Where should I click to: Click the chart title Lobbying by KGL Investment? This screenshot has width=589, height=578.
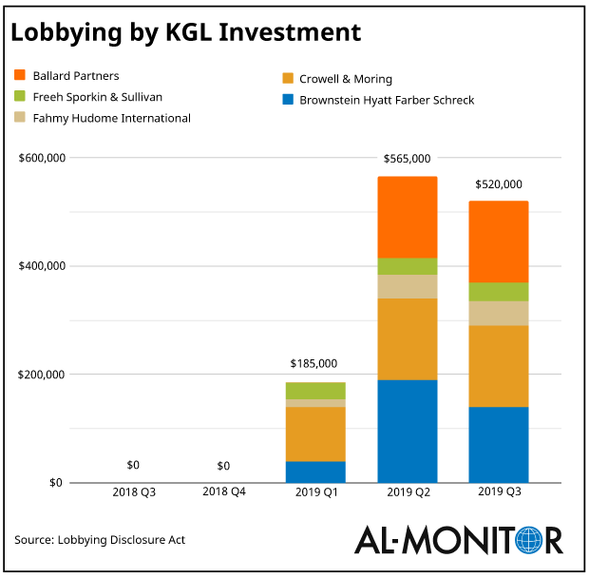click(x=186, y=33)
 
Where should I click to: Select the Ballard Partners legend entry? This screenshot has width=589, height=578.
click(x=76, y=75)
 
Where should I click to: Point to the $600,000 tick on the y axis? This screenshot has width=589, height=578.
click(x=42, y=158)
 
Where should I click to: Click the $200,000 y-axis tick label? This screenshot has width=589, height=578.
click(x=42, y=375)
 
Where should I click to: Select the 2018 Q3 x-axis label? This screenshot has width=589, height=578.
click(x=133, y=494)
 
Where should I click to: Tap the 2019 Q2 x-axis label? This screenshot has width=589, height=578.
click(x=407, y=494)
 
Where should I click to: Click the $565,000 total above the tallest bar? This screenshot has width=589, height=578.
click(x=407, y=159)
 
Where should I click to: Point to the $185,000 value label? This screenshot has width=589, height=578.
click(x=313, y=364)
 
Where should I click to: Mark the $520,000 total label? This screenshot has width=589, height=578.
click(x=498, y=184)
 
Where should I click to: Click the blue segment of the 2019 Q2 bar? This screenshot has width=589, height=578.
click(x=407, y=431)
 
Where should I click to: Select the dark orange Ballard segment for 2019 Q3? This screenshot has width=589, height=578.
click(x=498, y=241)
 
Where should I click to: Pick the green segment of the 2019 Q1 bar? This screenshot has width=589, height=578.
click(x=315, y=391)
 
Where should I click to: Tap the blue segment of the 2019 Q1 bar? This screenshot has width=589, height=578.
click(x=315, y=472)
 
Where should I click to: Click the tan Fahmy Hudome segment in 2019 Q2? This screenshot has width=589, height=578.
click(x=407, y=287)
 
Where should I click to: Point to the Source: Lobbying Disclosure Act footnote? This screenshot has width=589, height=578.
click(x=100, y=540)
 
